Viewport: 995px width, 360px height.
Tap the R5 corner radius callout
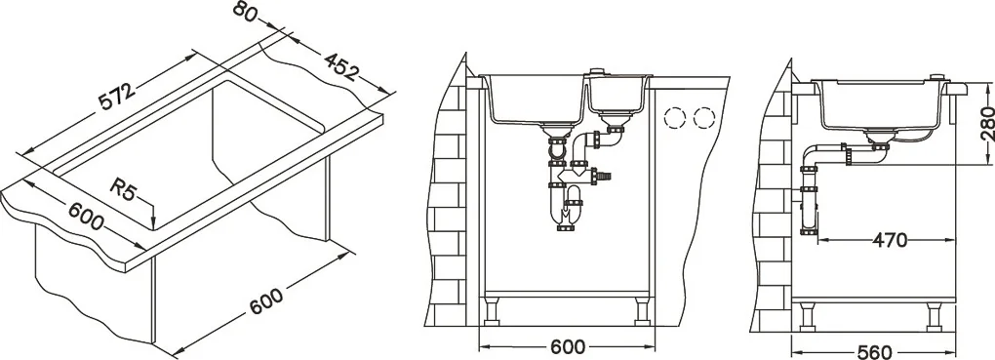[123, 188]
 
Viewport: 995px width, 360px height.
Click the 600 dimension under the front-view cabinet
[567, 346]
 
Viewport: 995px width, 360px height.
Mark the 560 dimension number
[874, 352]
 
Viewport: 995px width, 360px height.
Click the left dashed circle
[674, 118]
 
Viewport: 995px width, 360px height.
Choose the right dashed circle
[703, 118]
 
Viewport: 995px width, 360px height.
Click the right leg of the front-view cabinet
[642, 309]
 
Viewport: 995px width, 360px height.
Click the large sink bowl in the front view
[535, 100]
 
